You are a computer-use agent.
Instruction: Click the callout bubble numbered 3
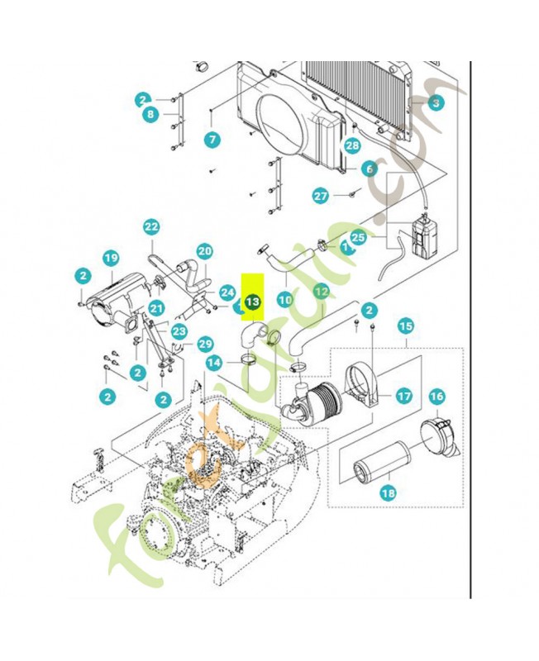436,103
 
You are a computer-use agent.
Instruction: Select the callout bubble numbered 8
150,115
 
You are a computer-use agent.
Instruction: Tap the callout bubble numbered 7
213,140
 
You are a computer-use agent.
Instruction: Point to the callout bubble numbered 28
353,146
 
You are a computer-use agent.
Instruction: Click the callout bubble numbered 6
370,169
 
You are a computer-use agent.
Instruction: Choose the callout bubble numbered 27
321,196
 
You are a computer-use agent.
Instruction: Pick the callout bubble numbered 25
357,237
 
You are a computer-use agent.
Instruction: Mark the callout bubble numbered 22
151,226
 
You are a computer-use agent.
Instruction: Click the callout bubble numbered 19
111,258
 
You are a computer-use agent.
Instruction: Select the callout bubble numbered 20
205,251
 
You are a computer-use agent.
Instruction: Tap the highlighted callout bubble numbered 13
252,302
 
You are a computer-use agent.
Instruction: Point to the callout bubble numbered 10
284,300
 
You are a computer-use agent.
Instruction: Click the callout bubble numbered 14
214,362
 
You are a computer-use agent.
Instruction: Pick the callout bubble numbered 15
406,326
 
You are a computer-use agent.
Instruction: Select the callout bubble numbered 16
436,397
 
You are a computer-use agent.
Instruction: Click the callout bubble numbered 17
403,397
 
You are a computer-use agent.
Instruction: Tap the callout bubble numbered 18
388,493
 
